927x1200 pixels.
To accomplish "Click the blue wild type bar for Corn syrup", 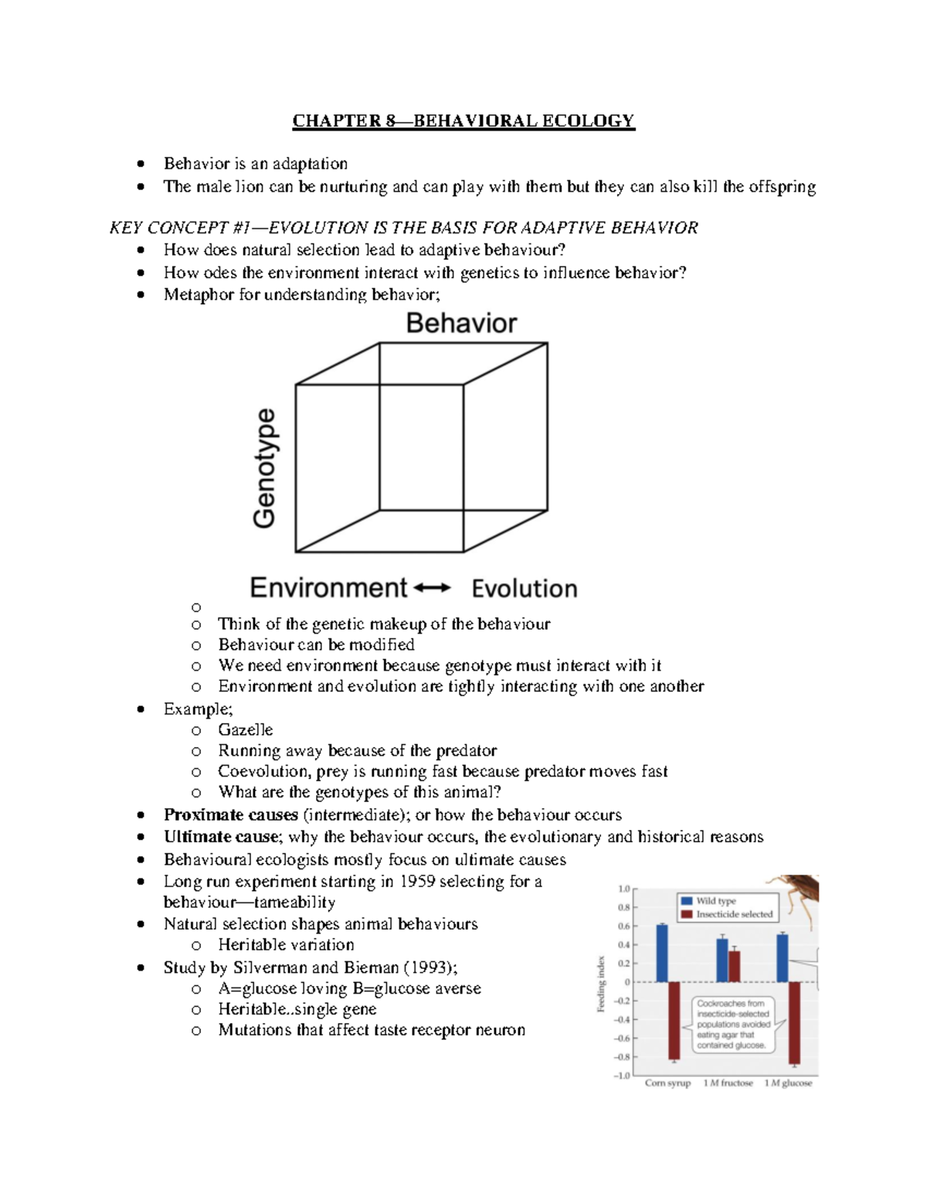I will tap(662, 953).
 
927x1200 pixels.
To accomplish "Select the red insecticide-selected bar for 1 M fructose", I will tap(734, 966).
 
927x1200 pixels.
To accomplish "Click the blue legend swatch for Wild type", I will tap(686, 901).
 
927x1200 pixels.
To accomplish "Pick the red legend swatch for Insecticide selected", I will tap(686, 915).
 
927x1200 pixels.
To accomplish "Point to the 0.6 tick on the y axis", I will tap(624, 926).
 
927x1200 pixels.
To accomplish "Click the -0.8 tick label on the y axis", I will tap(623, 1056).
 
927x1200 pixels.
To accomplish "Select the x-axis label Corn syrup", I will tap(667, 1083).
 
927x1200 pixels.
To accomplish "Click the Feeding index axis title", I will tap(600, 984).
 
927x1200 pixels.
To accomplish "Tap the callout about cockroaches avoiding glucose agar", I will tap(733, 1024).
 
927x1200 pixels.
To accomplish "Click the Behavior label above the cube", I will tap(461, 323).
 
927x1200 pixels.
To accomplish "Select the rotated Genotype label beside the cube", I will tap(265, 468).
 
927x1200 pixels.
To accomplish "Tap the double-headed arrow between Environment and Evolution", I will tap(432, 588).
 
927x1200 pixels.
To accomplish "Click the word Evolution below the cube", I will tap(525, 589).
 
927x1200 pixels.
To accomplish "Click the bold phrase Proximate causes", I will tap(230, 815).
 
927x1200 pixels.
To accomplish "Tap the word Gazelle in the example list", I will tap(245, 730).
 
